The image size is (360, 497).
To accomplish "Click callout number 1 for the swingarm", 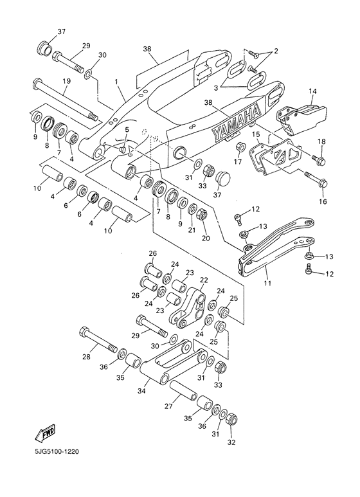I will tap(116, 82).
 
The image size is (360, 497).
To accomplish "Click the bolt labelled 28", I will tap(100, 343).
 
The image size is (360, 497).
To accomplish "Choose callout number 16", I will tap(323, 201).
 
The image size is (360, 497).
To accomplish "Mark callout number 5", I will tap(127, 130).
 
